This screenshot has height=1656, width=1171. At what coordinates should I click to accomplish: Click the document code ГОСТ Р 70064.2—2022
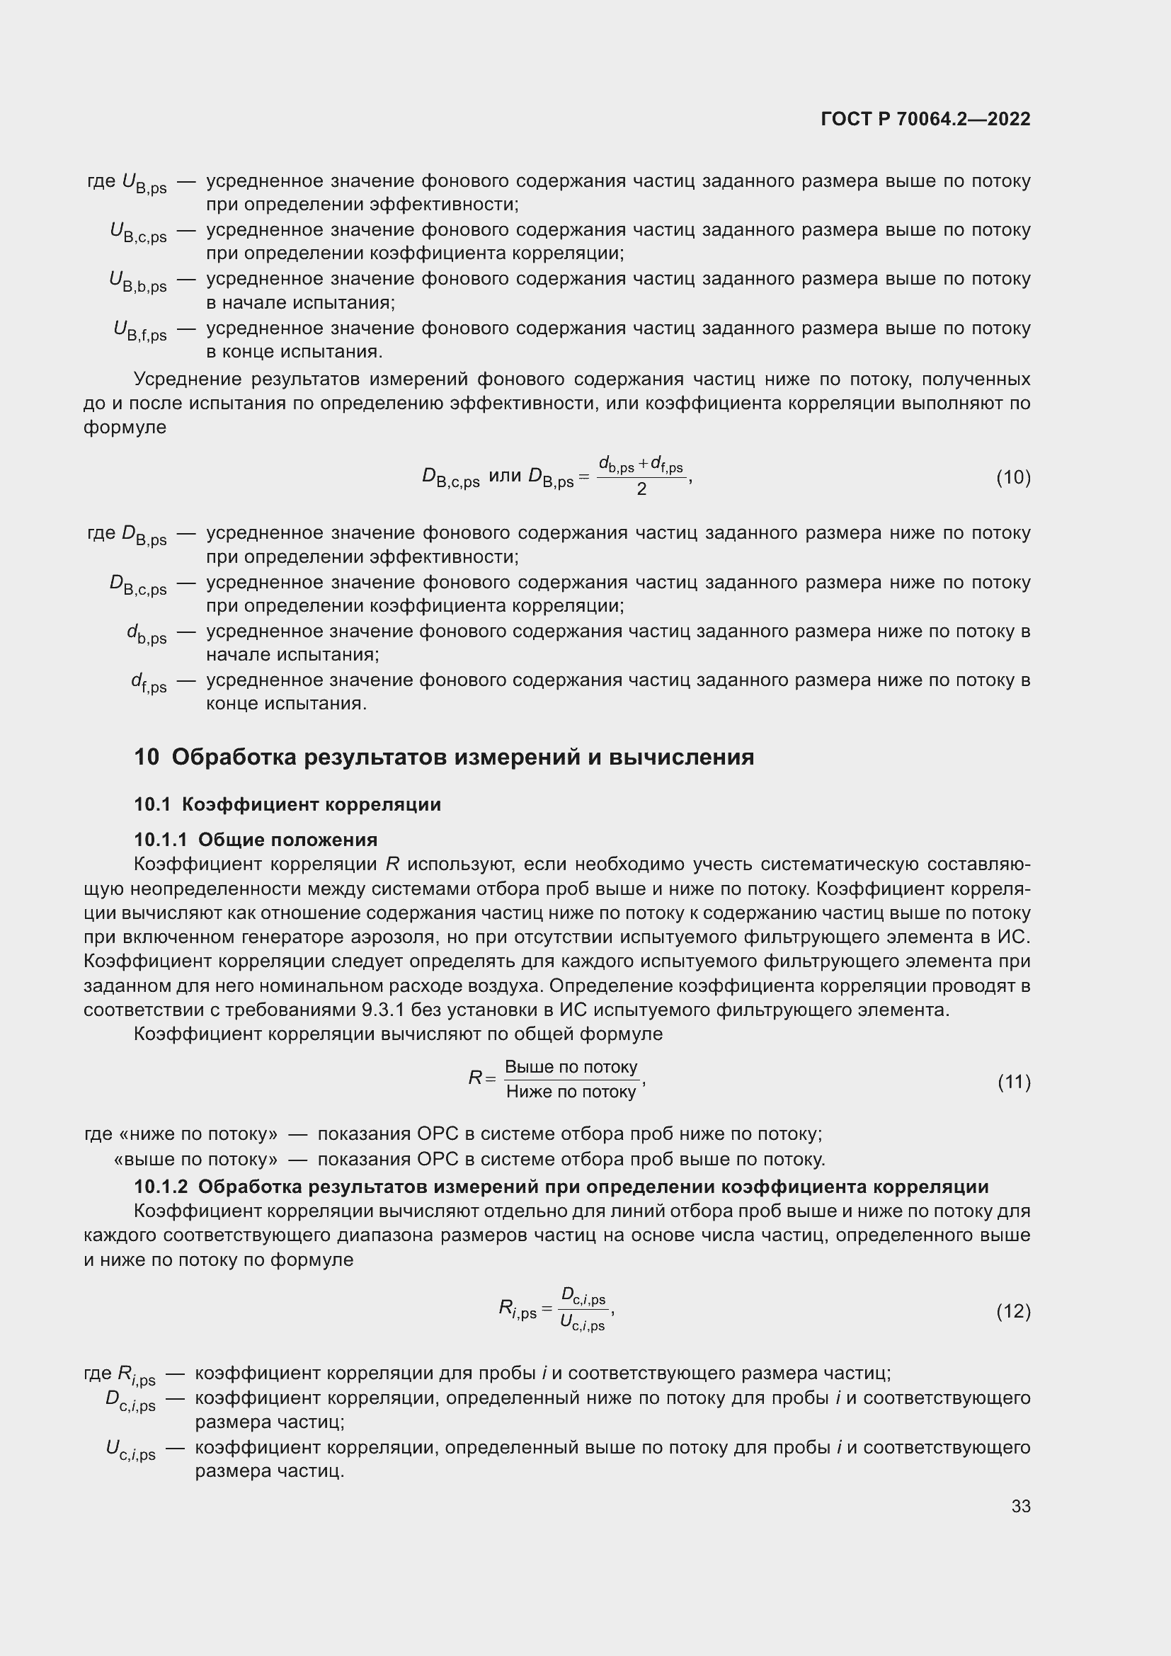[x=925, y=119]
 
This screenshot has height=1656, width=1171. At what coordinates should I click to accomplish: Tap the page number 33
[x=1020, y=1506]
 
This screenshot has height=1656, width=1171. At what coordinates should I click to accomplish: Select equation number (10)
[x=1013, y=477]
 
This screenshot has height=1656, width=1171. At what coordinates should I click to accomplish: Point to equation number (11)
[x=1014, y=1082]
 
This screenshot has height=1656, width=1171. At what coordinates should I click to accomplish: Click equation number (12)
[x=1013, y=1310]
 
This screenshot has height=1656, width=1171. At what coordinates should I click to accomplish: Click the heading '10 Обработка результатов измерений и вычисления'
[x=444, y=758]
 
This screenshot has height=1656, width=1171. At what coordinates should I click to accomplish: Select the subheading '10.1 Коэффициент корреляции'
[x=287, y=804]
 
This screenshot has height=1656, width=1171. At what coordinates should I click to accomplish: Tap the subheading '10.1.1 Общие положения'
[x=256, y=840]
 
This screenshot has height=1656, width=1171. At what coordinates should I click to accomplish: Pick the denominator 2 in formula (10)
[x=641, y=490]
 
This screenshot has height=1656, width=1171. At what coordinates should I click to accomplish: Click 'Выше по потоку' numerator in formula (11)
[x=571, y=1068]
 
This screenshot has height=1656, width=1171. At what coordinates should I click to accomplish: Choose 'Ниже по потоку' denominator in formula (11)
[x=571, y=1092]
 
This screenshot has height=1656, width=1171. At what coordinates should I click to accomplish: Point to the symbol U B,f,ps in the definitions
[x=140, y=331]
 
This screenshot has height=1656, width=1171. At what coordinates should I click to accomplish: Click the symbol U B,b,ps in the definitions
[x=138, y=282]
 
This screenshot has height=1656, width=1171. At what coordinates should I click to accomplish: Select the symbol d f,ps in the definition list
[x=149, y=683]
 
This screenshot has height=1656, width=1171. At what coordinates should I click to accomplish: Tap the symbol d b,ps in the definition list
[x=147, y=634]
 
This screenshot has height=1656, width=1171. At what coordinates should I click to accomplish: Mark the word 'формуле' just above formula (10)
[x=125, y=427]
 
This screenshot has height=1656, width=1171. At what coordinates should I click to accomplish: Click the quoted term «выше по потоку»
[x=196, y=1159]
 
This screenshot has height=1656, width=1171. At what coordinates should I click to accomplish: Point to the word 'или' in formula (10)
[x=505, y=476]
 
